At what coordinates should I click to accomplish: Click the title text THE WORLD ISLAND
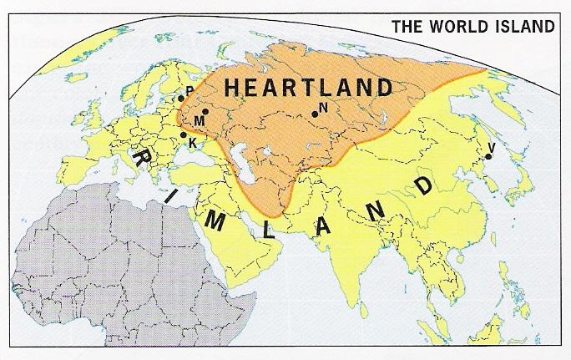point(472,25)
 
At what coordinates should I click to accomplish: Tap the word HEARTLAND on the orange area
point(308,88)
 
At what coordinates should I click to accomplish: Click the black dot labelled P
point(180,99)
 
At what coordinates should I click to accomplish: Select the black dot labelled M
point(205,111)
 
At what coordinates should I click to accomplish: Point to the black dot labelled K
point(184,134)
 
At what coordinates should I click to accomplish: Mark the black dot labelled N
point(315,114)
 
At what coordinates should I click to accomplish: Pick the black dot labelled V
point(488,156)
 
